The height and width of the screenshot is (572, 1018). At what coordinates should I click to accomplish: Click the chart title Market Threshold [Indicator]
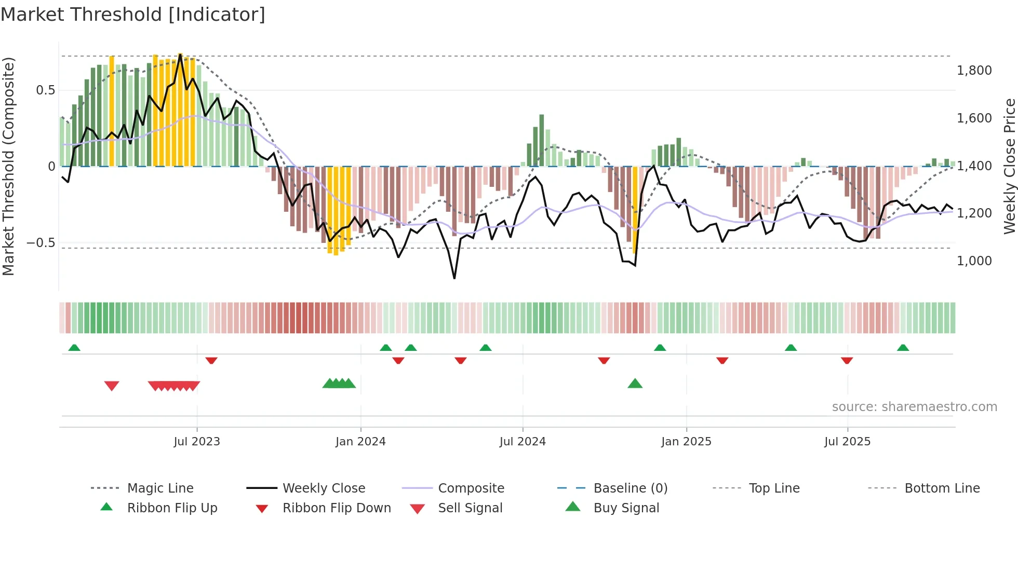tap(133, 15)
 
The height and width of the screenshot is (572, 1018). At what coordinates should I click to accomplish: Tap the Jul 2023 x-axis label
tap(197, 442)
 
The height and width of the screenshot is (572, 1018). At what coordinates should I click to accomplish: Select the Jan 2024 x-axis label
tap(360, 442)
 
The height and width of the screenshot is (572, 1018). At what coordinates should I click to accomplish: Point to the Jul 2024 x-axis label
tap(523, 442)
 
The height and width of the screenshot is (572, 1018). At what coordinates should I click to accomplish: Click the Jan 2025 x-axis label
tap(686, 442)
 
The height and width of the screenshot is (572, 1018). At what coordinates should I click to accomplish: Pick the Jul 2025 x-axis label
tap(847, 442)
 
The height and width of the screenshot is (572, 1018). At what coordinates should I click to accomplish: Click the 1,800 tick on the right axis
tap(974, 71)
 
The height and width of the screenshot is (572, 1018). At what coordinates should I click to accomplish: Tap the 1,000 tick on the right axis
tap(974, 261)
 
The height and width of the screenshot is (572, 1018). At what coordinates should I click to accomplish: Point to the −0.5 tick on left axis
tap(41, 243)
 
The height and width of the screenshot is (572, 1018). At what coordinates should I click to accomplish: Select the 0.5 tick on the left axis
tap(46, 90)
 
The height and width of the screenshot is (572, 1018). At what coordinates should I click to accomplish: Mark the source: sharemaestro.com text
tap(914, 407)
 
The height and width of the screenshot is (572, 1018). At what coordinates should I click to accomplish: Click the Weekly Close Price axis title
tap(1009, 166)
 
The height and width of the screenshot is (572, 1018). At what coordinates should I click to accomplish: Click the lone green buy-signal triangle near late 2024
tap(635, 384)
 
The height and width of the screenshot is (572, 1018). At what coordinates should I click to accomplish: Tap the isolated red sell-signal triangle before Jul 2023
tap(112, 386)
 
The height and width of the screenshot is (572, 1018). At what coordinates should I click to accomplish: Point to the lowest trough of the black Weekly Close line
tap(454, 278)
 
